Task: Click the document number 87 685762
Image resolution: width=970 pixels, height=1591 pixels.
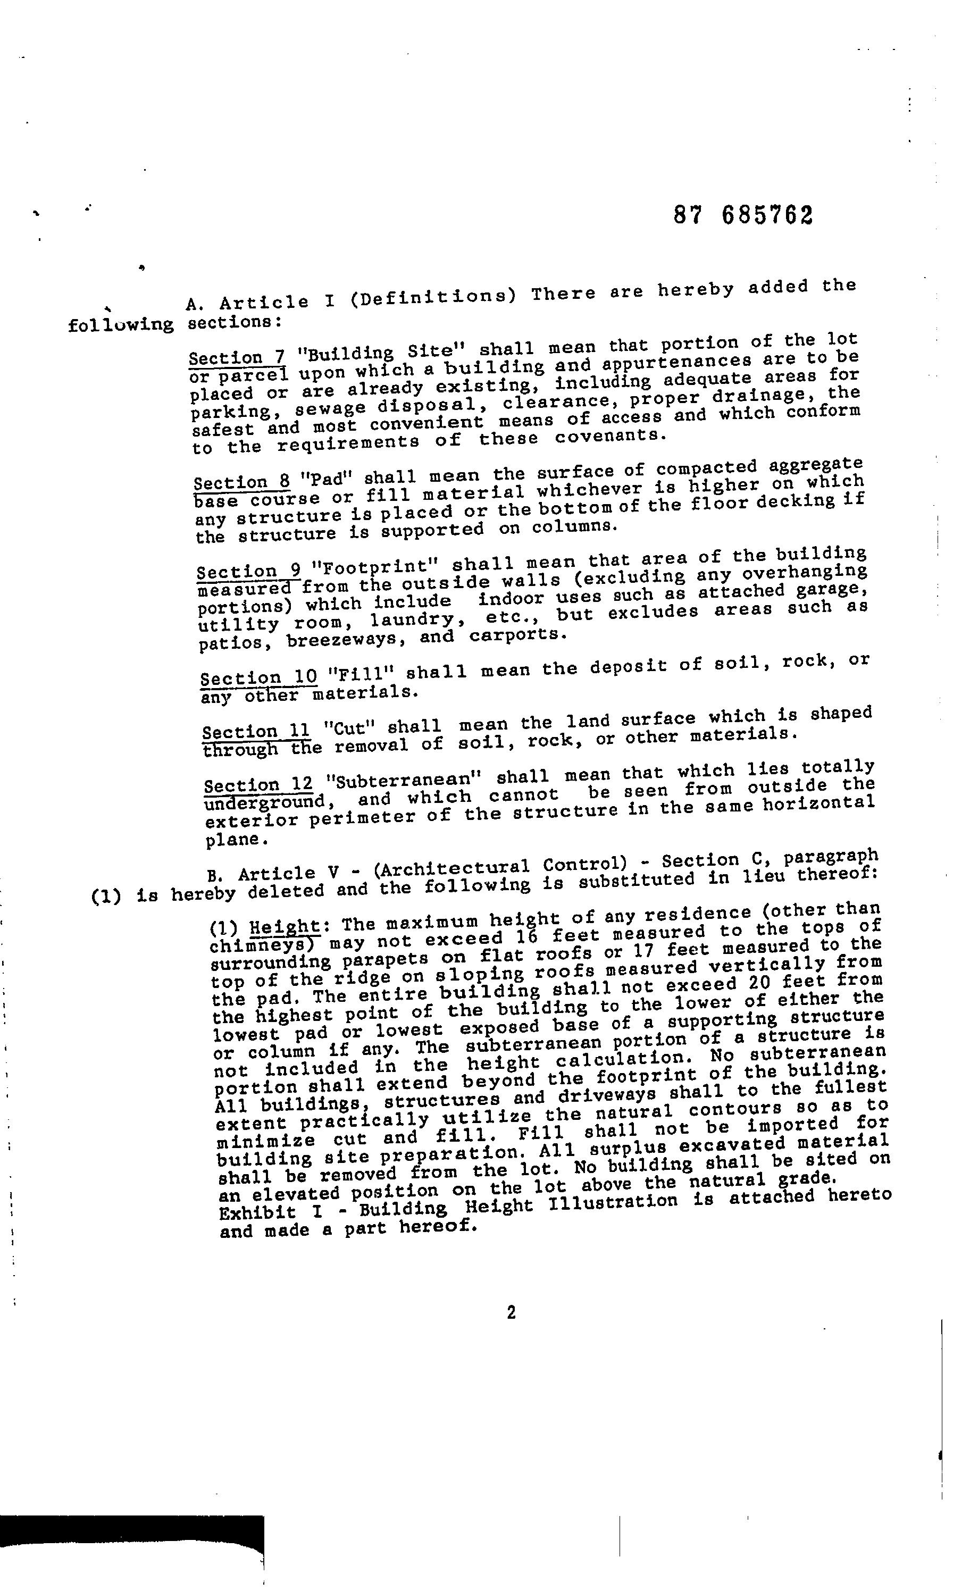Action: point(743,215)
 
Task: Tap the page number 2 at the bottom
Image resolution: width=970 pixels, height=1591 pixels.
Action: point(511,1313)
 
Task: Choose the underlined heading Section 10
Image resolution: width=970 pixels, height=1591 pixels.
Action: point(258,678)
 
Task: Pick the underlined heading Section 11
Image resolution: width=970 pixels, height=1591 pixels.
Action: point(256,732)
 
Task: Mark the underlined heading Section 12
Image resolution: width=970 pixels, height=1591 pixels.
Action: point(258,786)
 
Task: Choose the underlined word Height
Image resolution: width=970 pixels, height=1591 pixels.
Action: point(285,927)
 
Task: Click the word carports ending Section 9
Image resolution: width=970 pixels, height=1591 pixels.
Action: point(517,635)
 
